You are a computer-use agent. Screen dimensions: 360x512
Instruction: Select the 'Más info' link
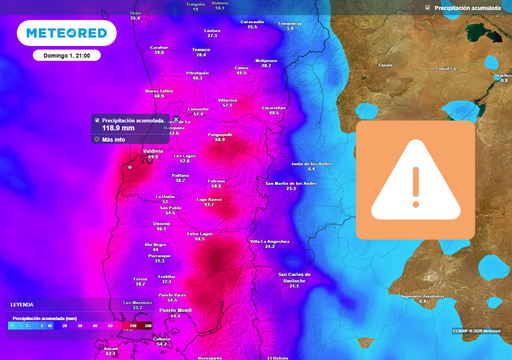coord(113,139)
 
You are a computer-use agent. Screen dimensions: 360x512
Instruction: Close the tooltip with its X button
coord(176,119)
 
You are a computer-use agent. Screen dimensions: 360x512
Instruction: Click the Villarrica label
coord(227,100)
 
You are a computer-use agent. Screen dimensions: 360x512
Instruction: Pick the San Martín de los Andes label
coord(290,184)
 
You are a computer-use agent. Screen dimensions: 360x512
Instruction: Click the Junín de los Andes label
coord(310,163)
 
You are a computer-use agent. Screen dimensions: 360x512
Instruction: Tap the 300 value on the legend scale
coord(148,326)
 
